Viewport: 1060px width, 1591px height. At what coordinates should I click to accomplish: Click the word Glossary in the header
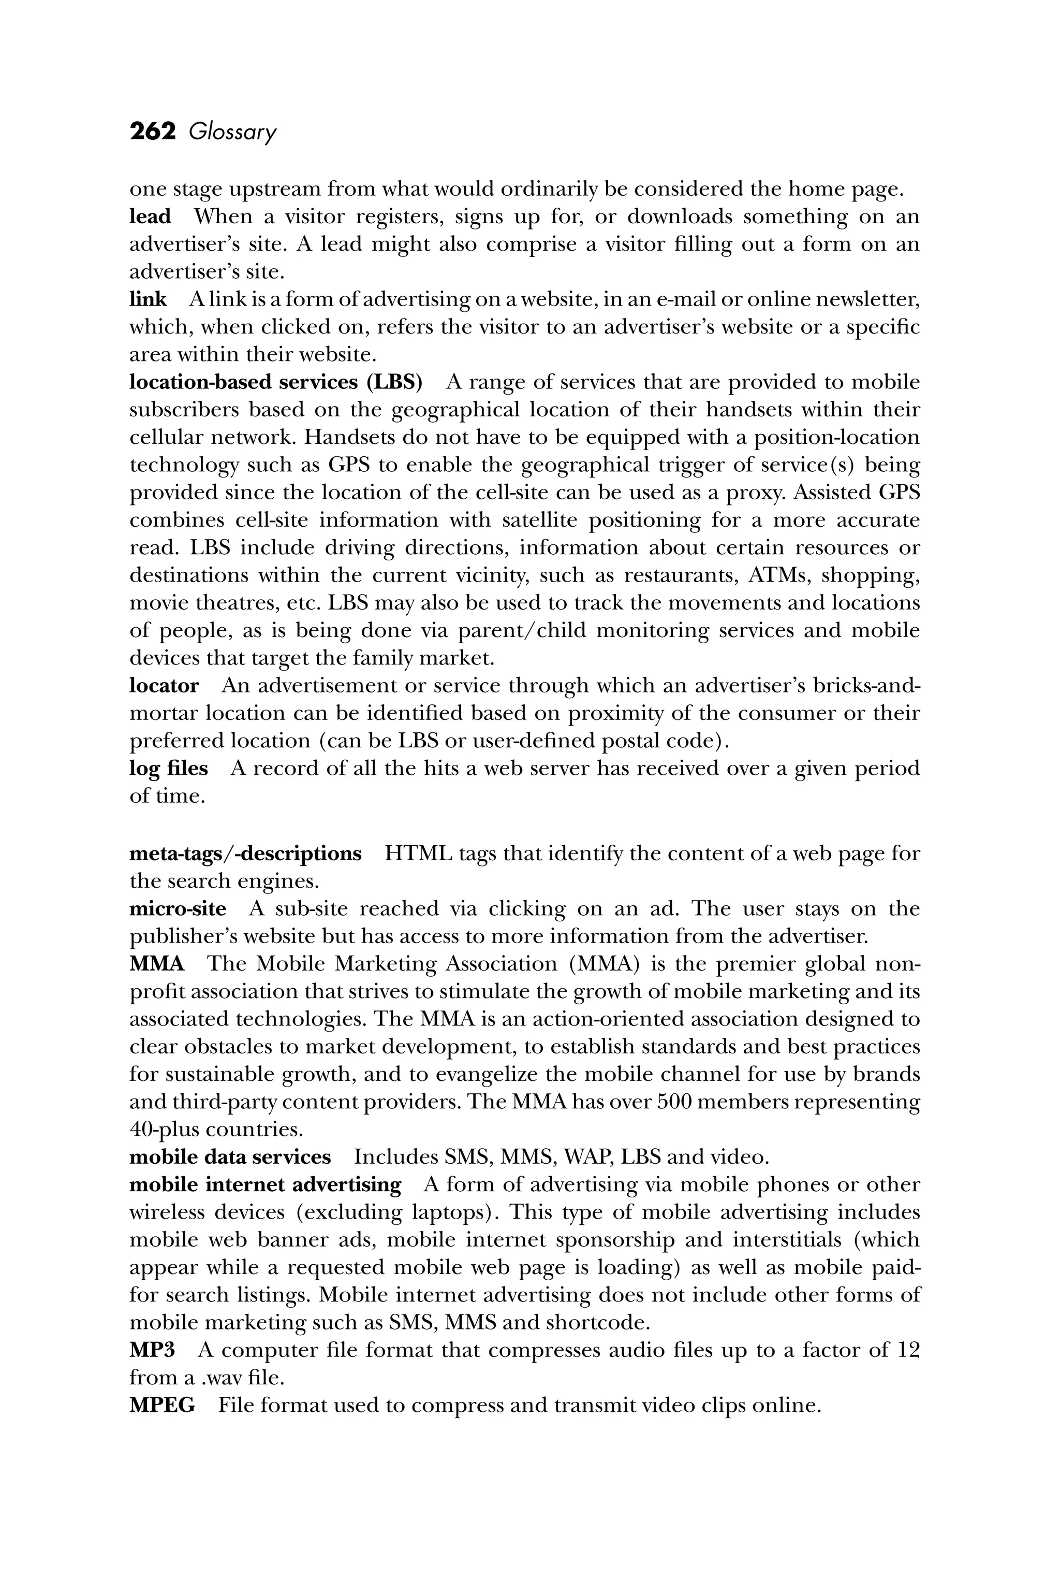232,133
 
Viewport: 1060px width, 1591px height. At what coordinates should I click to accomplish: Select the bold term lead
150,216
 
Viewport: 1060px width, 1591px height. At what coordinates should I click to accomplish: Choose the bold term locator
164,686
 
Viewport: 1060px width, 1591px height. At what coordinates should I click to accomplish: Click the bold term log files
169,769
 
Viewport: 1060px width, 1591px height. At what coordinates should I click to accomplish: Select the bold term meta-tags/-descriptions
245,854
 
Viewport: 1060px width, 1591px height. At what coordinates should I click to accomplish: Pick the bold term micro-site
178,908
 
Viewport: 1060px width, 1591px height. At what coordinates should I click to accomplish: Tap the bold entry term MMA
157,963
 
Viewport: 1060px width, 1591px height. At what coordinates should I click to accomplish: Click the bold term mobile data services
230,1158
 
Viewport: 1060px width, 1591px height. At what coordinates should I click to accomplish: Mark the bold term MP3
152,1351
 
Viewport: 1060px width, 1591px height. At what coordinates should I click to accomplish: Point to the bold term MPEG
162,1406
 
